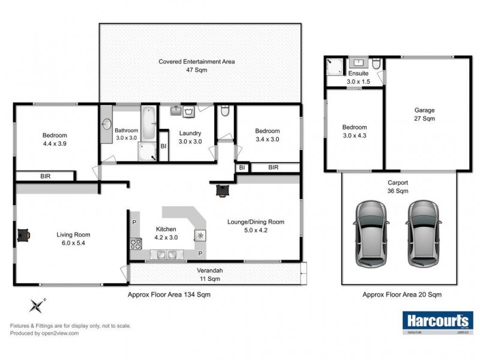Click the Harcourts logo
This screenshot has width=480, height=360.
436,322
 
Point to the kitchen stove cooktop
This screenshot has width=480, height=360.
136,244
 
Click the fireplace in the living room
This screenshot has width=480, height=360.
25,235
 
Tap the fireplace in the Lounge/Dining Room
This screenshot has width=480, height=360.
223,190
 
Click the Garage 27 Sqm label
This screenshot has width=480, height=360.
424,114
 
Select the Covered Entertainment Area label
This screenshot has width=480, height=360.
196,65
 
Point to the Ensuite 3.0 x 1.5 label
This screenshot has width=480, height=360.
358,77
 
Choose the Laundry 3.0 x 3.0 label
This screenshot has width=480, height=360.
190,137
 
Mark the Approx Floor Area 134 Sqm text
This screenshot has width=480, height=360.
169,295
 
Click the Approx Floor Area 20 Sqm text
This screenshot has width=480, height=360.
402,295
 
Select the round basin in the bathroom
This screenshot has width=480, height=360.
106,125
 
